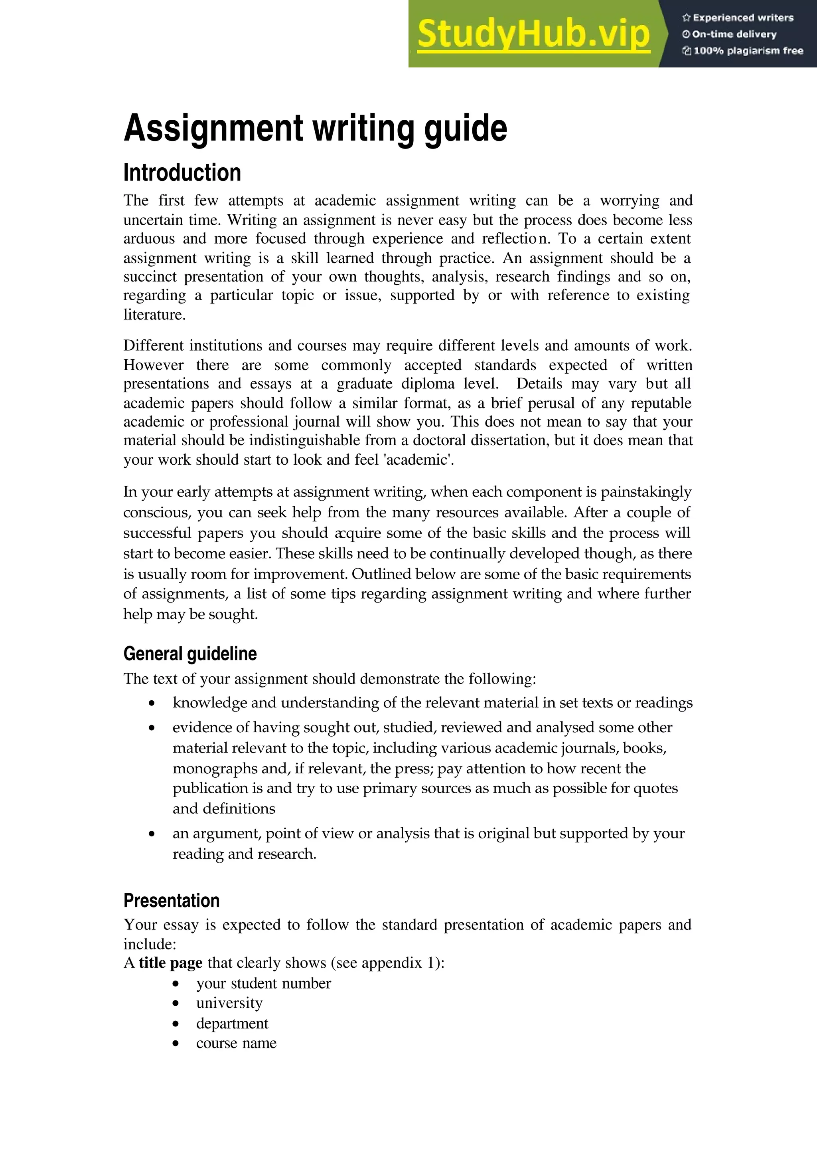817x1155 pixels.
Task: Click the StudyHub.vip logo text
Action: [x=533, y=34]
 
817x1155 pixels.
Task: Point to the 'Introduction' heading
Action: [x=182, y=173]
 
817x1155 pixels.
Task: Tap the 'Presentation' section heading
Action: [x=172, y=900]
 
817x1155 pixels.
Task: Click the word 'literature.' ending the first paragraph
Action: [x=154, y=315]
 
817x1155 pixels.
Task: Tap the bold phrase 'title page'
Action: [x=171, y=963]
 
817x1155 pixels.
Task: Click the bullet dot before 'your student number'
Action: [x=176, y=984]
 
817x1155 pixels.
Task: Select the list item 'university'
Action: [x=229, y=1003]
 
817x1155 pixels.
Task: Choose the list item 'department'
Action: [x=232, y=1024]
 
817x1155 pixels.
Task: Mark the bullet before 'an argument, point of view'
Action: [x=152, y=834]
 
